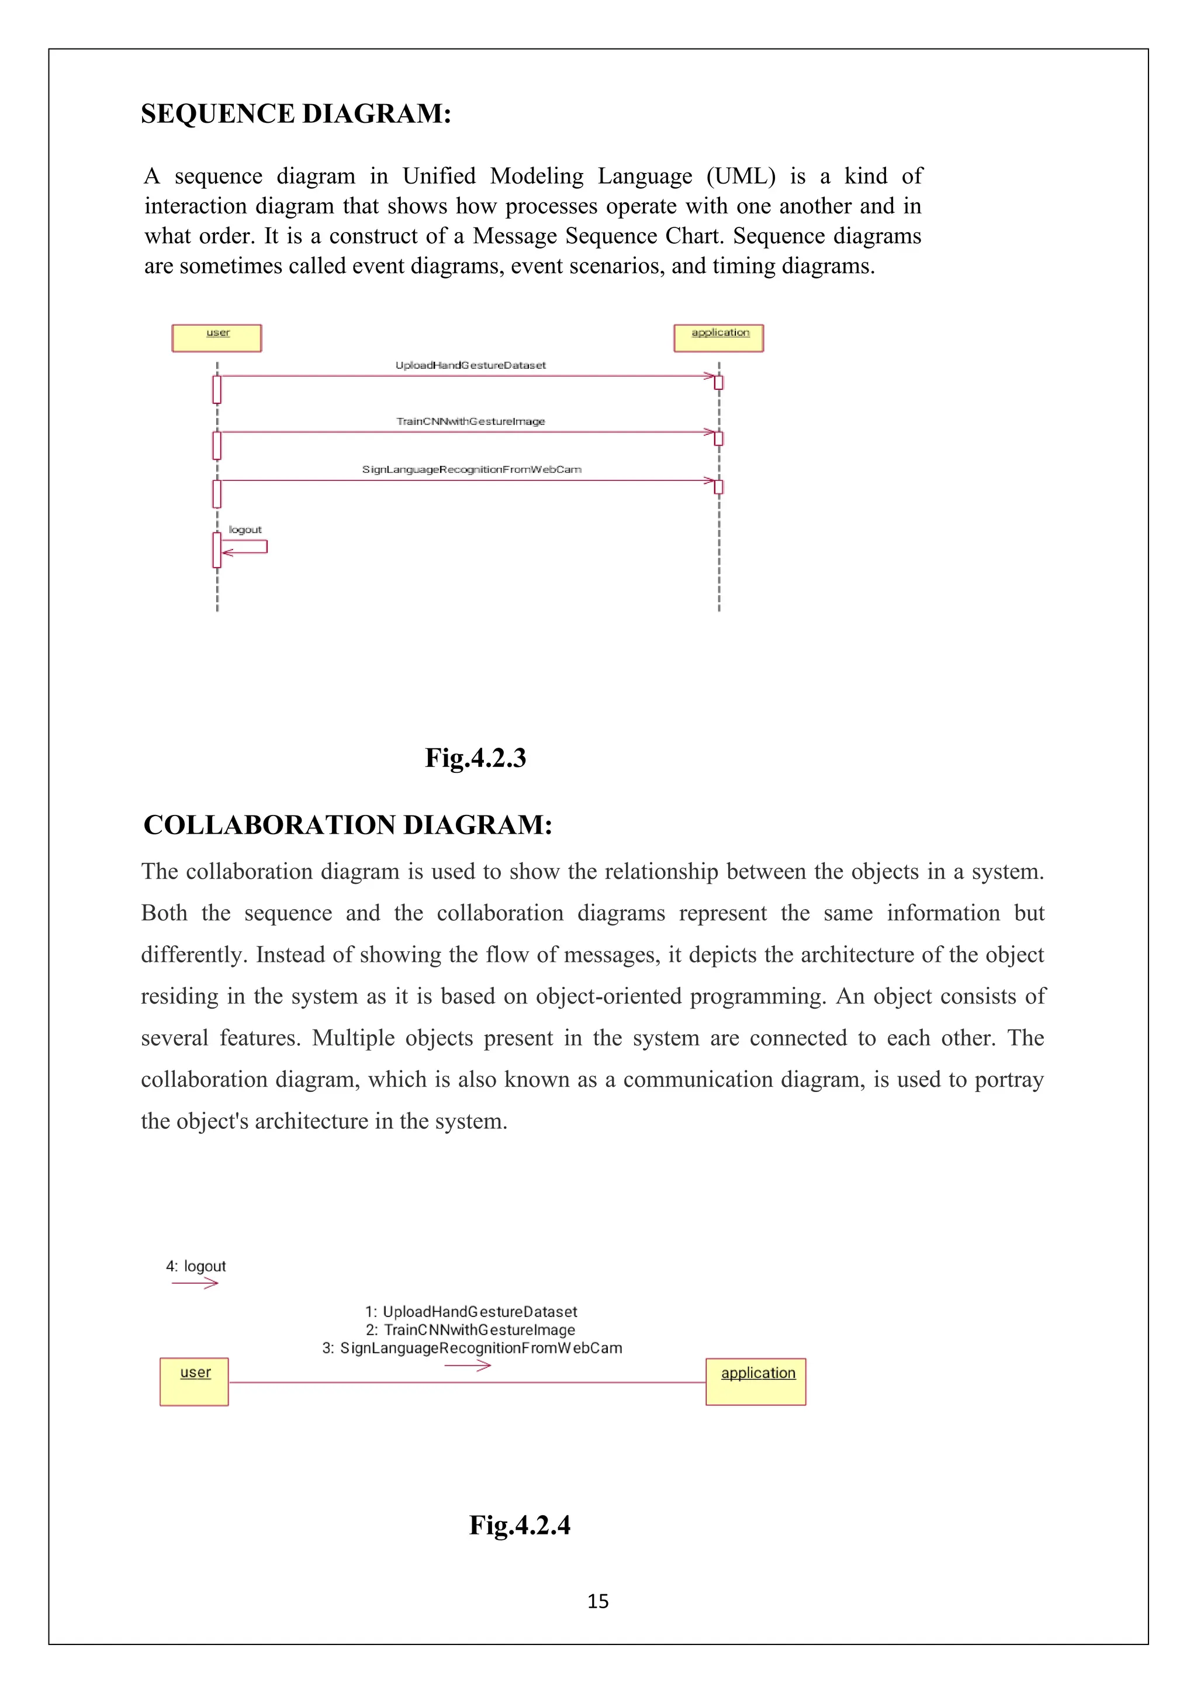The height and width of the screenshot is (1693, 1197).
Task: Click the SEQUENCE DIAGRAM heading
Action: pyautogui.click(x=296, y=113)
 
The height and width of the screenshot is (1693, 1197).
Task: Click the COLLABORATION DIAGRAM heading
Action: pyautogui.click(x=347, y=824)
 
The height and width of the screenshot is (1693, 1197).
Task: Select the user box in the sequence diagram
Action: pyautogui.click(x=217, y=338)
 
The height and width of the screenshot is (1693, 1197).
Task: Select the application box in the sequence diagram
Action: pyautogui.click(x=719, y=338)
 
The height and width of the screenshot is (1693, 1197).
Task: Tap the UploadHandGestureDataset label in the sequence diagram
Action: pyautogui.click(x=471, y=365)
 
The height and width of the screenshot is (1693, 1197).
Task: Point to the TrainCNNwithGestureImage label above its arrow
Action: pyautogui.click(x=471, y=421)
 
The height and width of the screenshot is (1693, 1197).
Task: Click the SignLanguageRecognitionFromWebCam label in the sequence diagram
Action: pyautogui.click(x=472, y=469)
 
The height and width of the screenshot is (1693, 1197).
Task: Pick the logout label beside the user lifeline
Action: pyautogui.click(x=245, y=530)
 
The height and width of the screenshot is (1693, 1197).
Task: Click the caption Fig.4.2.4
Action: pyautogui.click(x=520, y=1525)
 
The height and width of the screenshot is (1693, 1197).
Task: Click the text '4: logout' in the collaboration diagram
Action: pyautogui.click(x=195, y=1266)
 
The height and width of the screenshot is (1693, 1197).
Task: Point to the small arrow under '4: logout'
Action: pyautogui.click(x=195, y=1284)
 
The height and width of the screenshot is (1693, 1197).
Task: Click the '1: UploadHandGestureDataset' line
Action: pyautogui.click(x=471, y=1312)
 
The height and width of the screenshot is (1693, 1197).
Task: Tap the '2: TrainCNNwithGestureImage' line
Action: pyautogui.click(x=471, y=1329)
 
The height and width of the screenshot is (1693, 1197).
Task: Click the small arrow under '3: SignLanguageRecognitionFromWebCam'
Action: pyautogui.click(x=468, y=1366)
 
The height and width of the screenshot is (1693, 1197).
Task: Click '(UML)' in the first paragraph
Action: pyautogui.click(x=741, y=176)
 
